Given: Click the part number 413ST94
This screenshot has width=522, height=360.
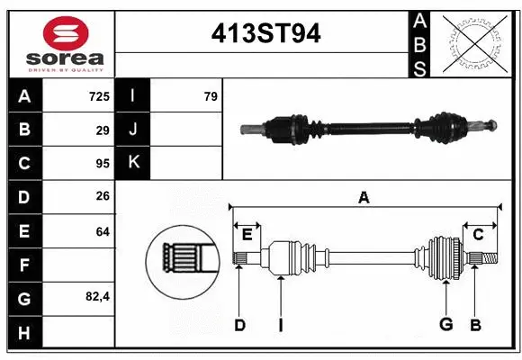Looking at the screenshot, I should click(x=265, y=33).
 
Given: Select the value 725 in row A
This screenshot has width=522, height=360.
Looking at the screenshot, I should click(x=98, y=95).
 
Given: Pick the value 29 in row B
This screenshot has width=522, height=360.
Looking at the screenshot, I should click(x=102, y=130).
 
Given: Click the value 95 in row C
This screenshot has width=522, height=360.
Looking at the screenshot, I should click(x=102, y=164).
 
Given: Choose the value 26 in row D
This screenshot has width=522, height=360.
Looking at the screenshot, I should click(x=102, y=197).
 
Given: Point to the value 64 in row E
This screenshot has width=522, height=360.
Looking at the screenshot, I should click(x=102, y=231).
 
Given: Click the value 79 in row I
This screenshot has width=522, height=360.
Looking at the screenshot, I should click(x=211, y=95).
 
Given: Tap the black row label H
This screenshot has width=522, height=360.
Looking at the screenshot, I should click(x=23, y=333).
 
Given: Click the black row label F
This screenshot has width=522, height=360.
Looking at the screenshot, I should click(x=23, y=265).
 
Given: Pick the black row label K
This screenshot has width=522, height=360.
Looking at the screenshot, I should click(x=133, y=164).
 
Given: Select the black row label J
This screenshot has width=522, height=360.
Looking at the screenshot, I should click(x=133, y=130).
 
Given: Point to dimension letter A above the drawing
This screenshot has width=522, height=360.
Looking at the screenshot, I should click(x=364, y=197).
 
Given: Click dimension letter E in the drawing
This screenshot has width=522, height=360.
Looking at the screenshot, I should click(x=247, y=235).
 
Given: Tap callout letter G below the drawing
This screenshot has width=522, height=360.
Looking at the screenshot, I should click(x=445, y=325).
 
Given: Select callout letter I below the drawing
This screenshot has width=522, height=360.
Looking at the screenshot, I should click(x=280, y=325).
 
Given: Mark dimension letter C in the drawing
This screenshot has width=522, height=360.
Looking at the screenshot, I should click(x=479, y=235).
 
